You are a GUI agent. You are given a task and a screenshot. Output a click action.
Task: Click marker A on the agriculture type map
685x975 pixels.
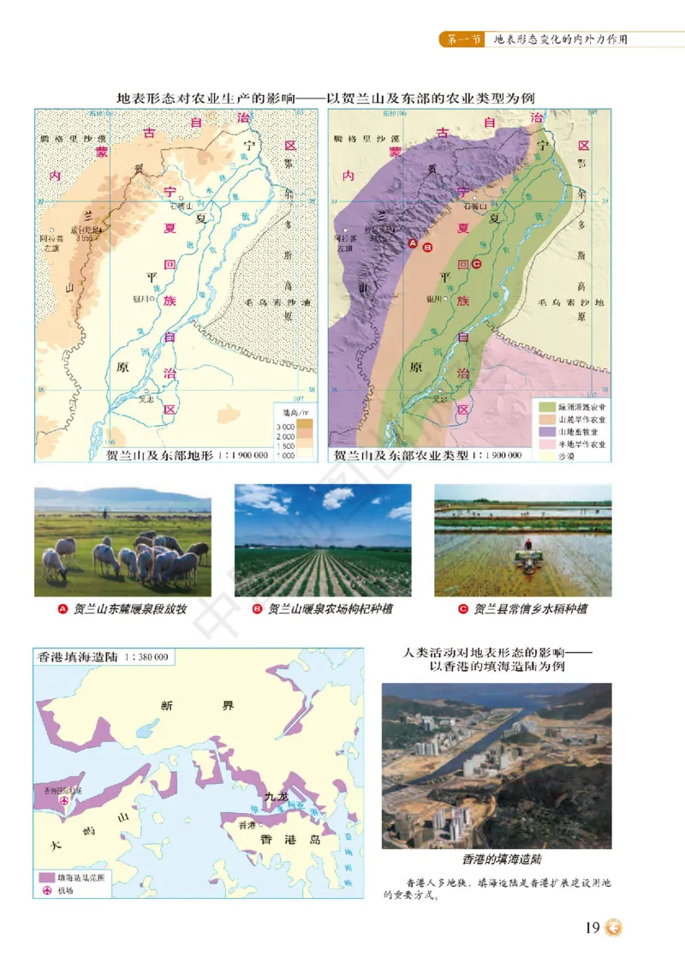(x=413, y=244)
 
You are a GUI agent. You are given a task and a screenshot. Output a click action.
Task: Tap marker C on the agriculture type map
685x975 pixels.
(x=476, y=265)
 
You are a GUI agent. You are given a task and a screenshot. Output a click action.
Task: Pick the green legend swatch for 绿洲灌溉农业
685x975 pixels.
(x=545, y=406)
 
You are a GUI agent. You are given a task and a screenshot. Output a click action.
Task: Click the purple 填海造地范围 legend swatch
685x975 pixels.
(x=46, y=877)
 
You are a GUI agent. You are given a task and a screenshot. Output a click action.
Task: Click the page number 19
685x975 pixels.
(x=592, y=929)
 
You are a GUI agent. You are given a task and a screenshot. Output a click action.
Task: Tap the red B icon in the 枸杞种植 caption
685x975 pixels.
(x=256, y=609)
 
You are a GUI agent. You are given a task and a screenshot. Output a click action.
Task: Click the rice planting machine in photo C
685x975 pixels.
(x=527, y=554)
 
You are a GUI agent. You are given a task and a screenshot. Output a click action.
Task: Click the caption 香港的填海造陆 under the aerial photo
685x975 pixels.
(x=497, y=858)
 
